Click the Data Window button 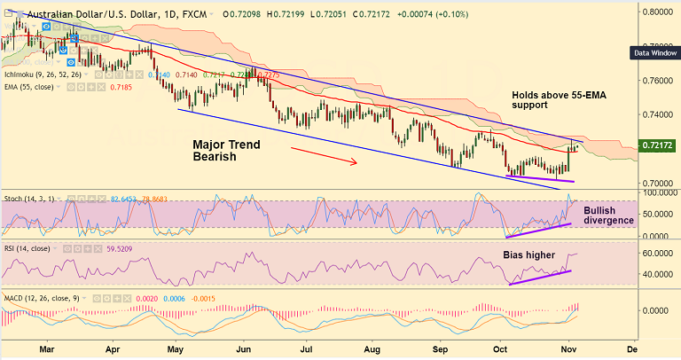pos(654,52)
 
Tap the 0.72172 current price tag pos(660,144)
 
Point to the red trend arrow pos(324,156)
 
